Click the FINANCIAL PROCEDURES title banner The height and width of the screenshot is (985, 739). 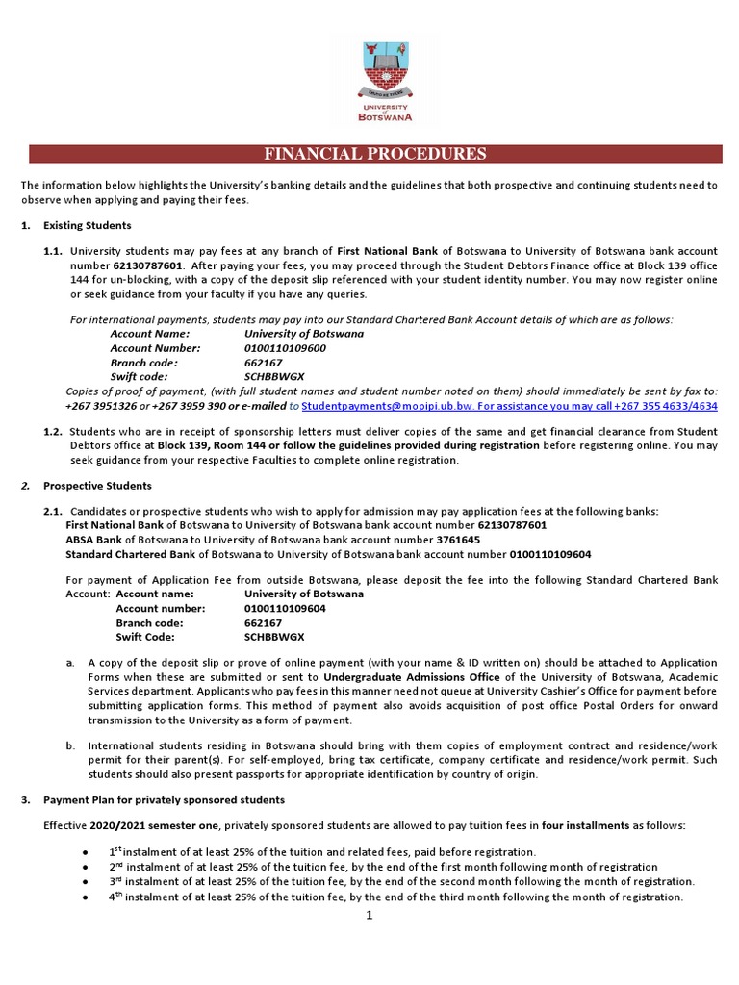point(375,154)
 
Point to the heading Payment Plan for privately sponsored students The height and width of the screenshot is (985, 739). point(161,800)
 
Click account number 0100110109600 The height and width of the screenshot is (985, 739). point(285,348)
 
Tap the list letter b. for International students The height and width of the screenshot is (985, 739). point(70,745)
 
